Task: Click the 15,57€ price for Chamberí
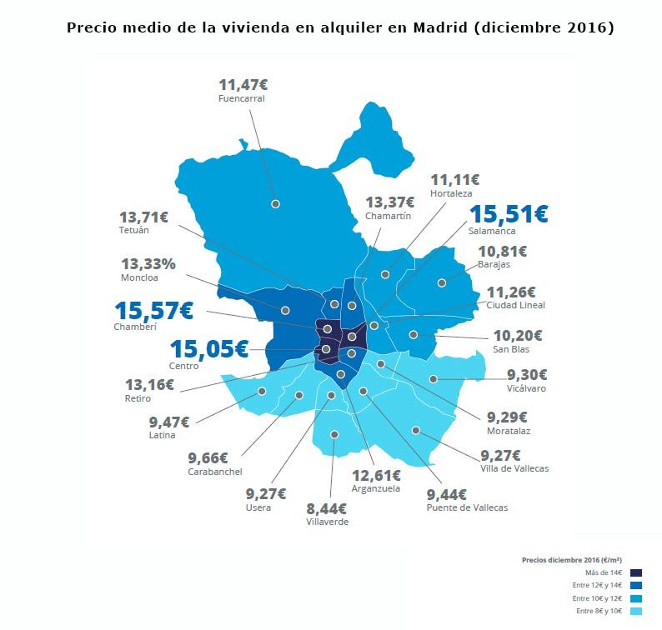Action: [x=153, y=311]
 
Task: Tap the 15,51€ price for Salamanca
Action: [x=508, y=214]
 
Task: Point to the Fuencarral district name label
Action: [x=241, y=98]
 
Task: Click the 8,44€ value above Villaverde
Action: [x=328, y=507]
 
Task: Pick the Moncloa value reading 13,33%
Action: [x=148, y=264]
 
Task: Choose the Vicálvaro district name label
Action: [x=527, y=388]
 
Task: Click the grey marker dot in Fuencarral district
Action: [x=275, y=203]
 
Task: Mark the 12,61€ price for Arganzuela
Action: [x=375, y=475]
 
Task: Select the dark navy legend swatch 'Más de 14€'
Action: [x=636, y=572]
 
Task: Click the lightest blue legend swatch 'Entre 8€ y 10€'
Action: [x=636, y=612]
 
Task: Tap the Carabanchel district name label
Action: [x=214, y=472]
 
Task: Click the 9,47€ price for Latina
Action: [x=169, y=422]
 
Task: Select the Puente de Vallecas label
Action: [x=466, y=507]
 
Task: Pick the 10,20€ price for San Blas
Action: [x=517, y=336]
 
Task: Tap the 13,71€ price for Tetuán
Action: [x=143, y=217]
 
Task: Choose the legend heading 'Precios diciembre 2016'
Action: [x=571, y=560]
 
